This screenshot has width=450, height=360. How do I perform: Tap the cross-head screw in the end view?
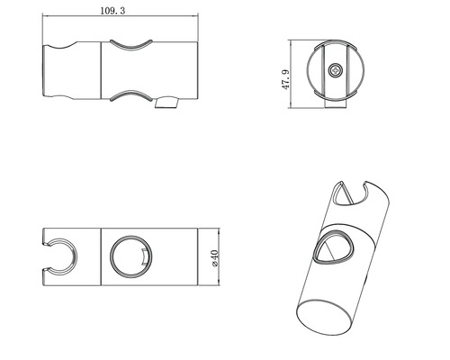[335, 69]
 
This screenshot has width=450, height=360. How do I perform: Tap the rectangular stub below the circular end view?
[335, 105]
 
